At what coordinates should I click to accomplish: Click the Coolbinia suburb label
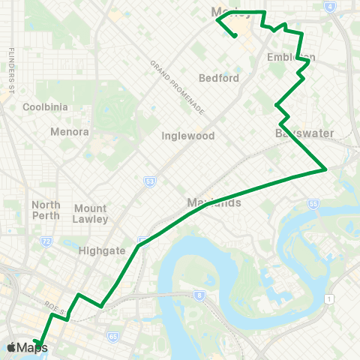(45, 106)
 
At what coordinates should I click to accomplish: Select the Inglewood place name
(188, 136)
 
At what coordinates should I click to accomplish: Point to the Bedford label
(219, 78)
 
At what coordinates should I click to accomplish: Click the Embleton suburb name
(291, 57)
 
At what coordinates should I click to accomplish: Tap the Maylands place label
(214, 202)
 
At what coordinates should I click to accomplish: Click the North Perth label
(46, 210)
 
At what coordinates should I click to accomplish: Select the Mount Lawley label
(91, 214)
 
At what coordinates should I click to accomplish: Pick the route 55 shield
(313, 203)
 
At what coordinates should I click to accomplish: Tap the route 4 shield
(330, 6)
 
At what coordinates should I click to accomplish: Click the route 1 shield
(328, 299)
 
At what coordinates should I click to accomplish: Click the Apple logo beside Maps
(11, 347)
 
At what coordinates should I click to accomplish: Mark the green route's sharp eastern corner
(325, 169)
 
